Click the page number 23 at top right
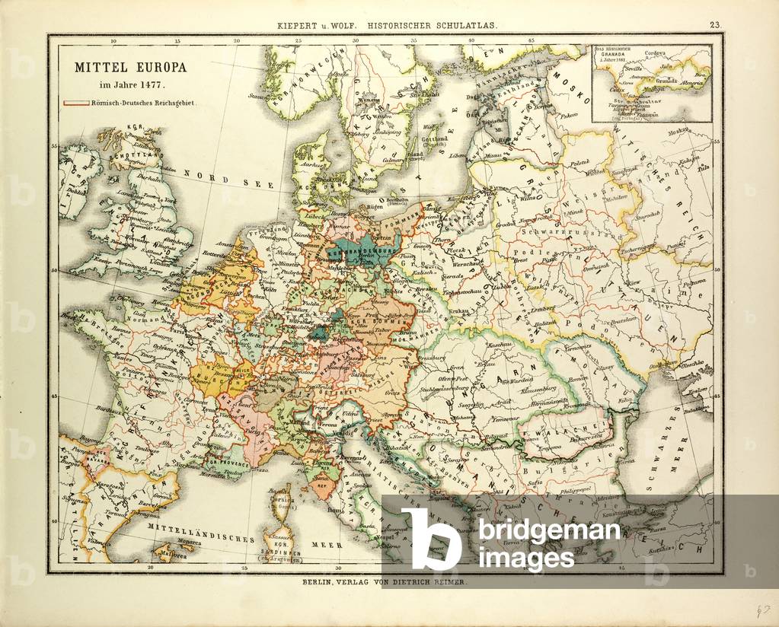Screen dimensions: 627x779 pyautogui.click(x=715, y=25)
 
